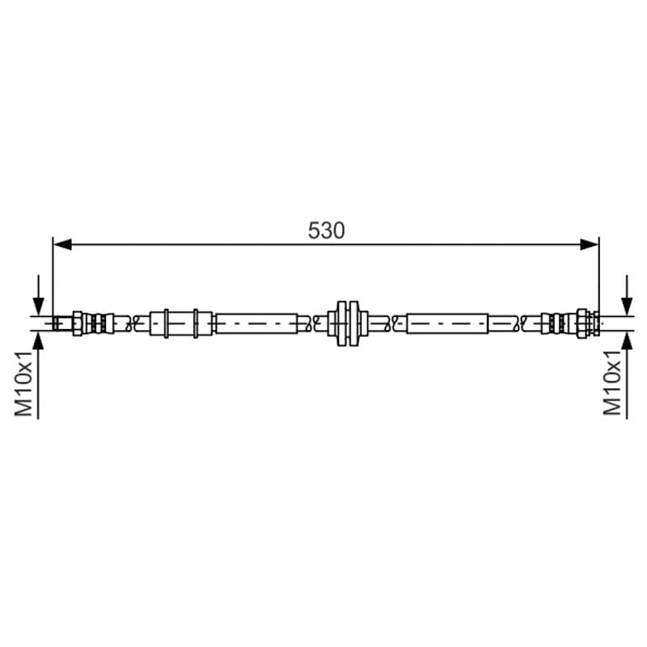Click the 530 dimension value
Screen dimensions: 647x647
click(x=326, y=230)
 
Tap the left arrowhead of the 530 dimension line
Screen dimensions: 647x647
click(x=62, y=244)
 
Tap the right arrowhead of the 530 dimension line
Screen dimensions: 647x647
click(x=590, y=244)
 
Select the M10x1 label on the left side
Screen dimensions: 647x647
click(x=23, y=383)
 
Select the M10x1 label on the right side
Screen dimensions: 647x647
click(x=612, y=382)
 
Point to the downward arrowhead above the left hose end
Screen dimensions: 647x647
click(x=38, y=307)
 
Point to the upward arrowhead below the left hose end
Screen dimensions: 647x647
click(x=38, y=340)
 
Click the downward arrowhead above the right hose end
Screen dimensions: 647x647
click(x=627, y=307)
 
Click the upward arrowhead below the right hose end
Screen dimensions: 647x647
click(x=627, y=340)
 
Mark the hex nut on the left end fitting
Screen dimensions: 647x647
click(x=78, y=323)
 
